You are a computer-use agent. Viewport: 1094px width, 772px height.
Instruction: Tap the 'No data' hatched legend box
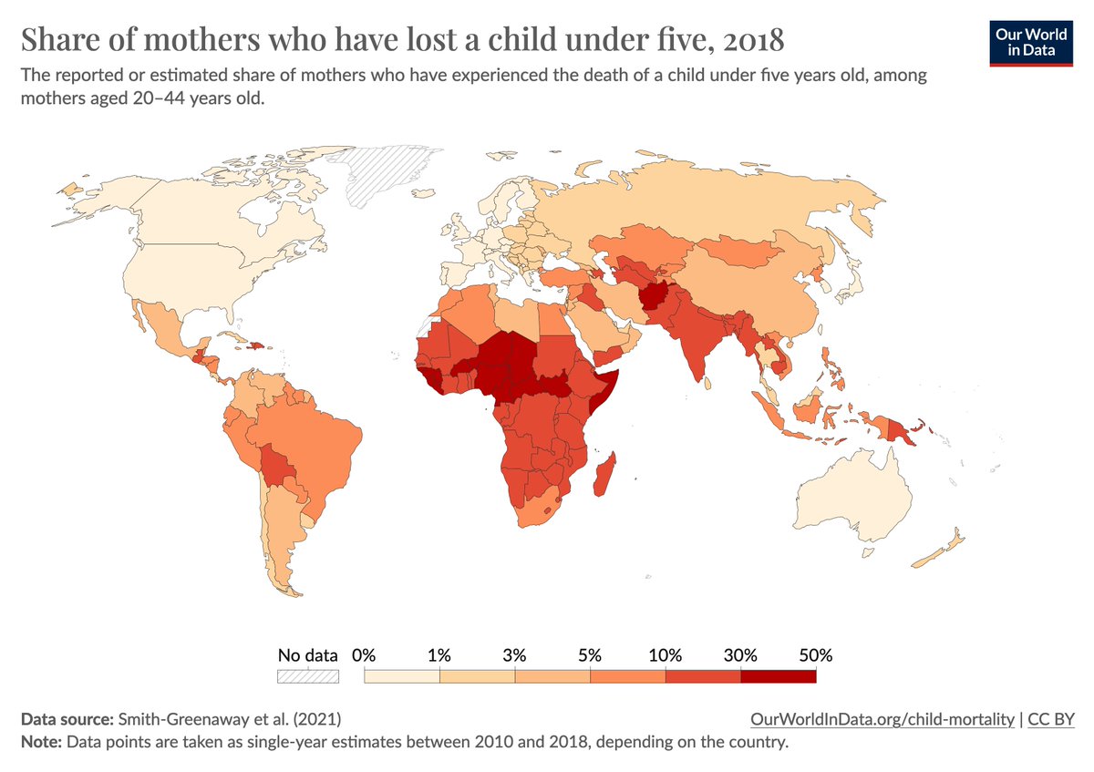[307, 676]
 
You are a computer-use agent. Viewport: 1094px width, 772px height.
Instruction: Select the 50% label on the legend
[815, 655]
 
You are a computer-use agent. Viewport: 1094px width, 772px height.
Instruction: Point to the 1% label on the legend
[439, 655]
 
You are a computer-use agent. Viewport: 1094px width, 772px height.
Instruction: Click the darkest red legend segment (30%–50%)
[778, 676]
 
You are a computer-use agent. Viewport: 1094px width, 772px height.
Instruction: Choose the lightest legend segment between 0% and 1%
[402, 676]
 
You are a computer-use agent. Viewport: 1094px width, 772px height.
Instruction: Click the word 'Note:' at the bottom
[40, 742]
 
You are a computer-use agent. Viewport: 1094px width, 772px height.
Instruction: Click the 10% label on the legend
[665, 655]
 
